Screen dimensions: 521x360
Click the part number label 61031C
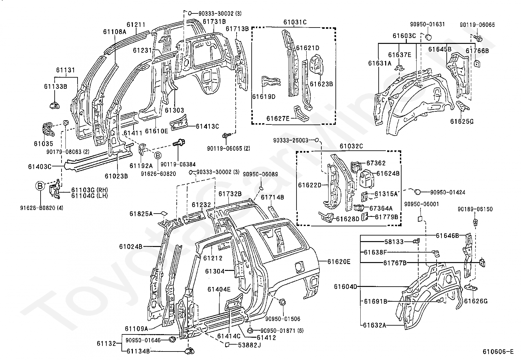(295, 22)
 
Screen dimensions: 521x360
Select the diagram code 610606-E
(498, 351)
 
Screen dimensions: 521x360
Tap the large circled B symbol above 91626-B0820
(40, 186)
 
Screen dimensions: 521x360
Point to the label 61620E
(339, 262)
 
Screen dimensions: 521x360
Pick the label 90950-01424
(447, 192)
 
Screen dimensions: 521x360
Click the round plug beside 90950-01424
(417, 192)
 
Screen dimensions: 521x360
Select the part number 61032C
(351, 146)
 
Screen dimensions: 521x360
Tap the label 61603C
(404, 36)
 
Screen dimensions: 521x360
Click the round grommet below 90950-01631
(428, 37)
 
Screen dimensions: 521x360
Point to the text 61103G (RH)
(90, 190)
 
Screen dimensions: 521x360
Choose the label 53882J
(249, 345)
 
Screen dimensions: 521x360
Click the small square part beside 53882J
(227, 345)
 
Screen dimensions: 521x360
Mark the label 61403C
(40, 167)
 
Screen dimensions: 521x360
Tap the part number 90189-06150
(475, 209)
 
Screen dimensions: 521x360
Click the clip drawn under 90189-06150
(476, 222)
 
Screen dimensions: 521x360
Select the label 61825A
(141, 214)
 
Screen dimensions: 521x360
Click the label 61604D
(345, 286)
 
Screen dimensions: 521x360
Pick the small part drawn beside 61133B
(55, 105)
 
